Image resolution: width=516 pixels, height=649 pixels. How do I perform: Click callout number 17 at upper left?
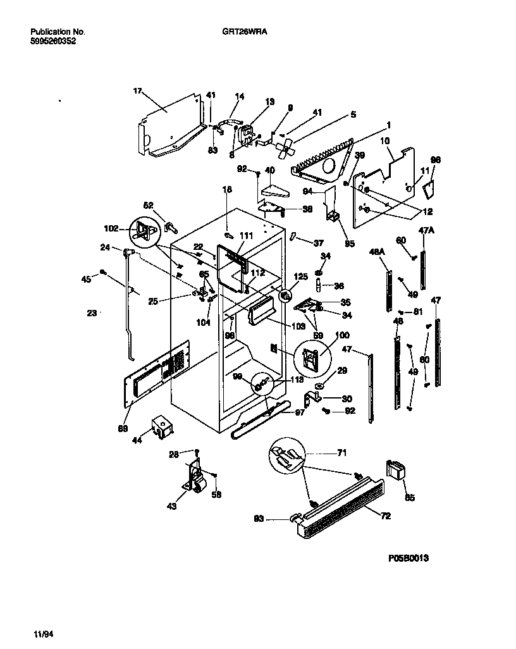point(136,91)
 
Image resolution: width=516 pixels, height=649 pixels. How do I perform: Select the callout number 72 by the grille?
point(386,516)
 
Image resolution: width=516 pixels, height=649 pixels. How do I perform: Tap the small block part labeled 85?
point(395,471)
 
